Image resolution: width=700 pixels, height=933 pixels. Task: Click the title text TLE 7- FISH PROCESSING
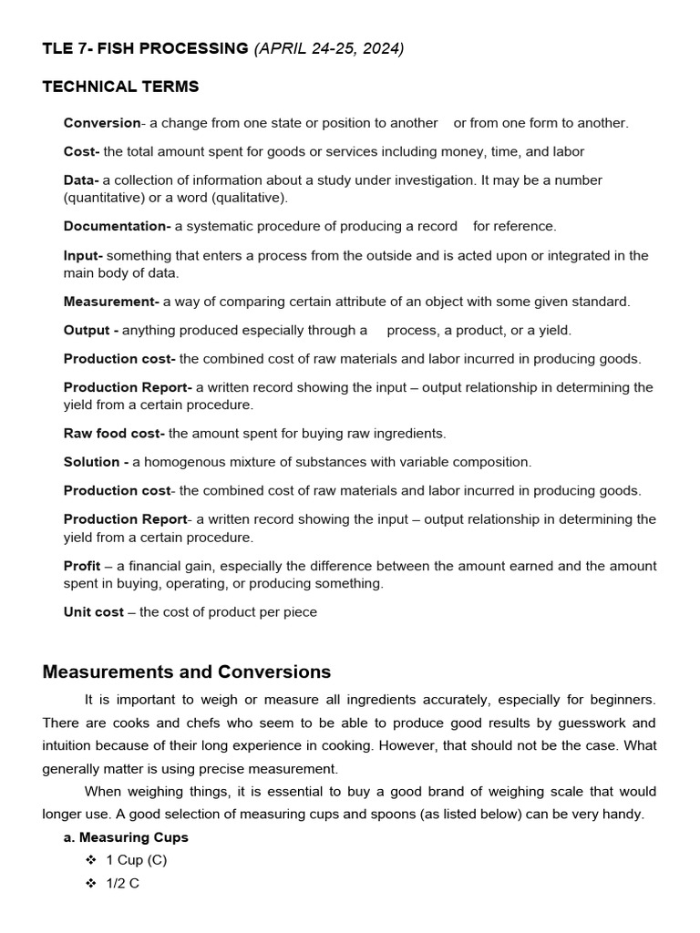pos(145,49)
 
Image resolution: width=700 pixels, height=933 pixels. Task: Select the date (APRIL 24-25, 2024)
pos(328,49)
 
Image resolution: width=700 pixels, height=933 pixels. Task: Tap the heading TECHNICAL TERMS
pos(120,87)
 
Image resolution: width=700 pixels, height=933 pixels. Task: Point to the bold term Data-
pos(81,180)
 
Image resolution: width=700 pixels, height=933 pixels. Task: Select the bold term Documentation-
pos(117,226)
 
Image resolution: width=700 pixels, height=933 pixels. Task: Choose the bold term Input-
pos(83,255)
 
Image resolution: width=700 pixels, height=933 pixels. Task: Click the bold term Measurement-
pos(111,301)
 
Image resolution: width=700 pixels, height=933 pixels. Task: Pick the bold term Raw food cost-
pos(114,433)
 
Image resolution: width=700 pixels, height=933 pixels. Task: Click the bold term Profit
pos(82,566)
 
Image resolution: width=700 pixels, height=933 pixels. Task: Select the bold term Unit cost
pos(93,612)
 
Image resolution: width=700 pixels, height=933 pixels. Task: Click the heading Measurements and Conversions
pos(187,672)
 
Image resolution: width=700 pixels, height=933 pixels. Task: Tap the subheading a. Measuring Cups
pos(126,837)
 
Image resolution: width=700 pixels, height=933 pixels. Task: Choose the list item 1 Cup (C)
pos(137,860)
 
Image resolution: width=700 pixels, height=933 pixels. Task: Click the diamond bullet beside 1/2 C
pos(90,884)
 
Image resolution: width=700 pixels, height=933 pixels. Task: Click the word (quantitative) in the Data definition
pos(107,197)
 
